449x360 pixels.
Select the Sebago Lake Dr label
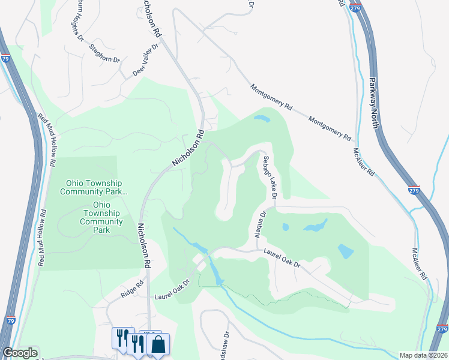coord(269,178)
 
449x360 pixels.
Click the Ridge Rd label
coord(132,290)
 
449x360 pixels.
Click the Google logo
coord(20,353)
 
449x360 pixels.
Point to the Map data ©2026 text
coord(424,355)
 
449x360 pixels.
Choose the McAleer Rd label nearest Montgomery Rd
coord(364,161)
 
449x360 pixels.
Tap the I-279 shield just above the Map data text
coord(442,329)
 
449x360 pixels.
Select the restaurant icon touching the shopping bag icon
coord(139,343)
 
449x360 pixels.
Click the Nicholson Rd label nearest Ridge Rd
coord(144,246)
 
